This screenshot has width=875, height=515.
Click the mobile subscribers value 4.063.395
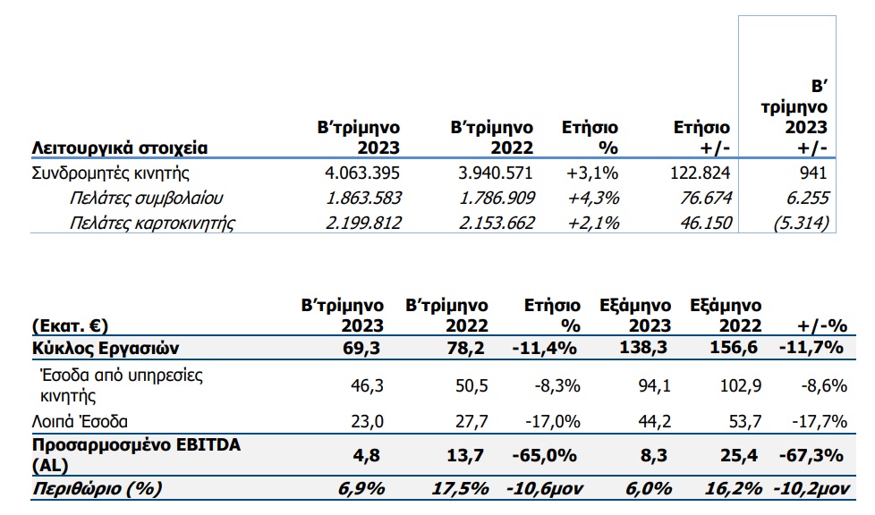tap(362, 173)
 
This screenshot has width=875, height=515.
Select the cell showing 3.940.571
tap(496, 173)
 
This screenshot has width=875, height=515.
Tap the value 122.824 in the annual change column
tap(700, 173)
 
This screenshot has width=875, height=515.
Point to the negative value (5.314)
tap(801, 224)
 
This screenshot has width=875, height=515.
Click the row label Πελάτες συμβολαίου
tap(146, 198)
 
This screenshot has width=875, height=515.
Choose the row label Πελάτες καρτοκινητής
tap(152, 224)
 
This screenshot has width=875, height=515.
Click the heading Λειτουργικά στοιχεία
tap(119, 148)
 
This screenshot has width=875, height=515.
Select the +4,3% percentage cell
tap(593, 198)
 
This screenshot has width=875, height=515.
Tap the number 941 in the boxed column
tap(813, 173)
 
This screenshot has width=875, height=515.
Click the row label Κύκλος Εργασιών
tap(106, 348)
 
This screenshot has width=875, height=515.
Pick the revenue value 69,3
tap(361, 348)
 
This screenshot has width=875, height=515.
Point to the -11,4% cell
tap(545, 348)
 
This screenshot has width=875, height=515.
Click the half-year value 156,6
tap(734, 348)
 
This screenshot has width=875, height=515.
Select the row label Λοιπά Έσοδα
tap(80, 421)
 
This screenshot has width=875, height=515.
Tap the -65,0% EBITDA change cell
tap(545, 455)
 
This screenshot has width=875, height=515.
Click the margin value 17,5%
tap(461, 489)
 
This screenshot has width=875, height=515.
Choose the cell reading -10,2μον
tap(811, 489)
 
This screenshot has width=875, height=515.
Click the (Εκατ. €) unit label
tap(70, 325)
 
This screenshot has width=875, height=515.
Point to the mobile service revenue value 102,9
tap(741, 385)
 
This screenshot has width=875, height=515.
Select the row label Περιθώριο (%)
tap(98, 489)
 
